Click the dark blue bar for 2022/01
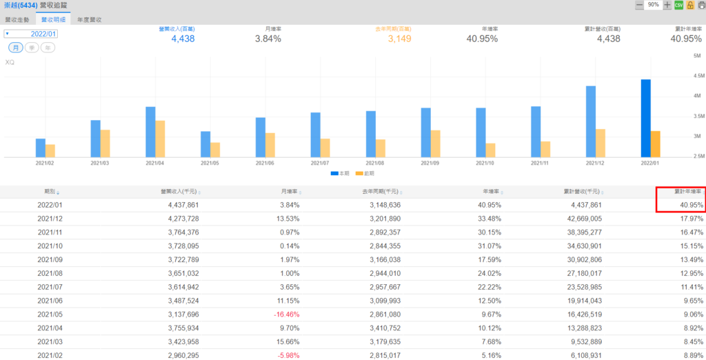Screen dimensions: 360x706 [646, 118]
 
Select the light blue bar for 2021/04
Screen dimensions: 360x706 [150, 132]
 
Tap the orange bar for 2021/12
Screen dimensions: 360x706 [601, 143]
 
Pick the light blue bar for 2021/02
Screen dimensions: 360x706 [41, 148]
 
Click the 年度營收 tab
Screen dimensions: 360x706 [90, 21]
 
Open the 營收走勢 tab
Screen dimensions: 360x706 [17, 21]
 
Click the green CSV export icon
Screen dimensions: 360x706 [678, 5]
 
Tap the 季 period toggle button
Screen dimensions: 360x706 [32, 48]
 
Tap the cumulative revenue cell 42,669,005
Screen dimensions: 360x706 [580, 218]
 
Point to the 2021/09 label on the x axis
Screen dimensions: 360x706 [430, 163]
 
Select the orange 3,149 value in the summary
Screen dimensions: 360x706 [399, 39]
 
